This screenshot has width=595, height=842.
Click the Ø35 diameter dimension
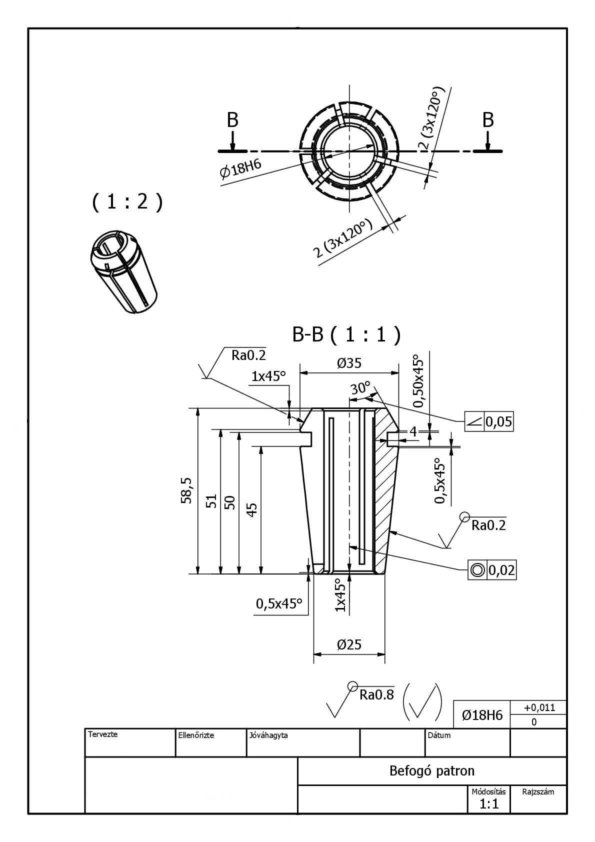(348, 363)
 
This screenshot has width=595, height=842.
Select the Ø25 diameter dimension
(348, 644)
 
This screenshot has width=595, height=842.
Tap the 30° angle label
(360, 388)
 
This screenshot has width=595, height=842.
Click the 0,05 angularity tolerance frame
(489, 422)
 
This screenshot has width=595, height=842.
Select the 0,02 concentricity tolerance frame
(492, 570)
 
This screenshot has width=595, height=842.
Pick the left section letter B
(232, 120)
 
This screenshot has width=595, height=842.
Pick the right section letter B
(488, 120)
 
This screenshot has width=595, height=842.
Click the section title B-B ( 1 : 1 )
(346, 335)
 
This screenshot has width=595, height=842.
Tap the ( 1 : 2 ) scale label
(127, 202)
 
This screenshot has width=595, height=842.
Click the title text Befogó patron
(431, 770)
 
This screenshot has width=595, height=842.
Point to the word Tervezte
(102, 734)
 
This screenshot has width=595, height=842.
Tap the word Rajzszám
(538, 791)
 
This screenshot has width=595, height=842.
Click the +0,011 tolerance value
(539, 707)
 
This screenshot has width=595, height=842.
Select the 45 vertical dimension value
(252, 509)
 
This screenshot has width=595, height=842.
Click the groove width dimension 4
(413, 431)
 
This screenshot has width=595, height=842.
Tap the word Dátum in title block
(439, 735)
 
